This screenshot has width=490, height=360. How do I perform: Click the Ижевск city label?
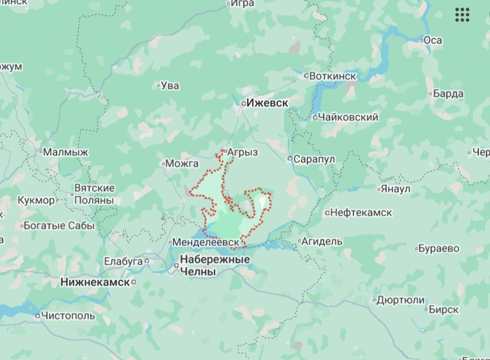point(268,103)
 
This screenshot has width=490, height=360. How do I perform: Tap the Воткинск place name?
point(333,76)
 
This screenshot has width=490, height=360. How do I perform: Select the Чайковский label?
point(348,117)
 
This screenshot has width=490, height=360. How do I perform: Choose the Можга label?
point(182,163)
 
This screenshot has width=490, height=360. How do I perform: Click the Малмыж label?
point(66,152)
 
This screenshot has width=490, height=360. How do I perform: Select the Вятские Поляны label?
point(94,195)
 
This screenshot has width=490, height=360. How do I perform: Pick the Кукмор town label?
point(36,200)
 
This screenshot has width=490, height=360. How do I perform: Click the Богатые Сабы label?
point(58,226)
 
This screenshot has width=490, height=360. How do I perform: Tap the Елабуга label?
point(123,261)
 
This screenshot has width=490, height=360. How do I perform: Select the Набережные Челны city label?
point(215,266)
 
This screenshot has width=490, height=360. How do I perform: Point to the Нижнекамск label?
point(95,282)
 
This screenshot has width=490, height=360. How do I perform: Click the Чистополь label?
point(68,316)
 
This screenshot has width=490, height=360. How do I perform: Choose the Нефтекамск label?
point(360,213)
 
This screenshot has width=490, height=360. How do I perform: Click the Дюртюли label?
point(400,300)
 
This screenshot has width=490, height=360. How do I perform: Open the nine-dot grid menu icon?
point(462,15)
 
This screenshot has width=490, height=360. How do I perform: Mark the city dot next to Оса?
point(422,40)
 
